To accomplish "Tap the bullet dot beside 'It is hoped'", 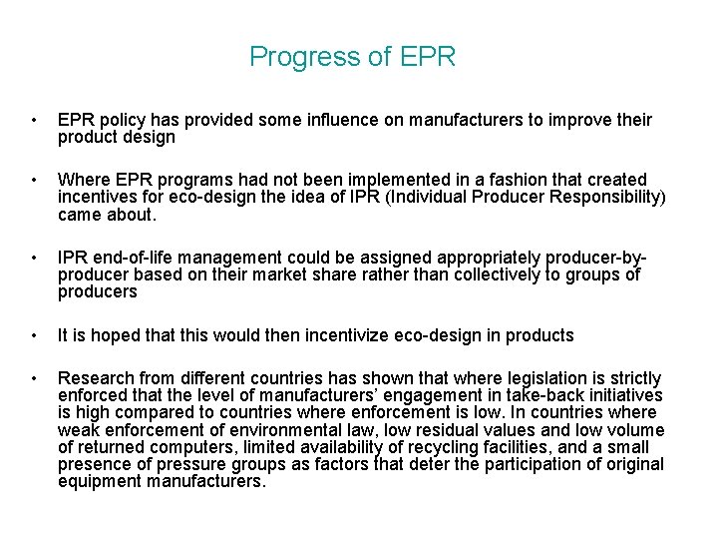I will (x=35, y=334).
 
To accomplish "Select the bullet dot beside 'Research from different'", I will (x=35, y=379).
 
